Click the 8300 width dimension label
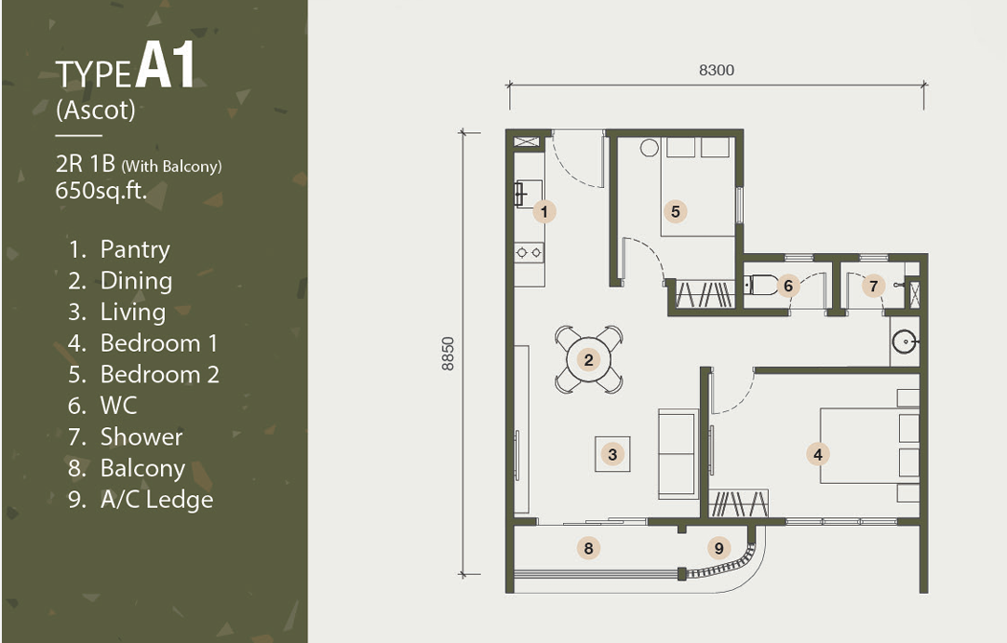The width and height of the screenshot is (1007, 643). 716,70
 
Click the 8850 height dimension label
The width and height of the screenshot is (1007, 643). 448,354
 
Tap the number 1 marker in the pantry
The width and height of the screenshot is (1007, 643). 544,211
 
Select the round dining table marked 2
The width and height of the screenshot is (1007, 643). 588,360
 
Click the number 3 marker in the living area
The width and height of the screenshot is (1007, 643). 612,454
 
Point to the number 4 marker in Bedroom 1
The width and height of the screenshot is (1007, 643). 817,454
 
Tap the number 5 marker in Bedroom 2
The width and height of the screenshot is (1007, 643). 675,211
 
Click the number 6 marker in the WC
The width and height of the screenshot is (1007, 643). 788,285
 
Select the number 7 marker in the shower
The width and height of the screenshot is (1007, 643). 873,285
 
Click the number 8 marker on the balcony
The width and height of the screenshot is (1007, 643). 588,548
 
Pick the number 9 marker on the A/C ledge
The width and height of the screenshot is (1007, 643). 718,548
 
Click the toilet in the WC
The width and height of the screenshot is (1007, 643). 760,285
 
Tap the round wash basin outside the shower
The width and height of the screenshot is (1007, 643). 906,342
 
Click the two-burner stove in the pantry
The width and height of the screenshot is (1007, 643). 530,252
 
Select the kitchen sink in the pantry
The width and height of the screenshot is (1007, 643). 528,194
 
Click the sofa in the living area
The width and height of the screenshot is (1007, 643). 678,454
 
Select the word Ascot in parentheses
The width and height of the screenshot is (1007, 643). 96,110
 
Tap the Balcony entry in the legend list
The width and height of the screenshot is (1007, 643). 142,468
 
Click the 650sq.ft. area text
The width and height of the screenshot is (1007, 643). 101,191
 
